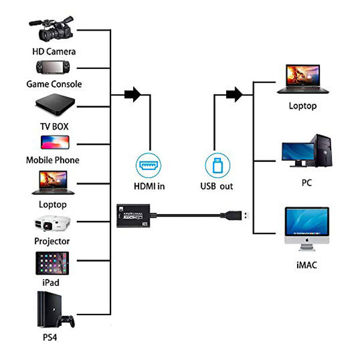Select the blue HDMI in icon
[x=149, y=164]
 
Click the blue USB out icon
[x=216, y=164]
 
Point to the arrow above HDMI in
[x=132, y=94]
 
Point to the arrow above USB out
[x=233, y=94]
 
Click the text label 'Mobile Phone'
[x=52, y=160]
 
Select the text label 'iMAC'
[x=306, y=264]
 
